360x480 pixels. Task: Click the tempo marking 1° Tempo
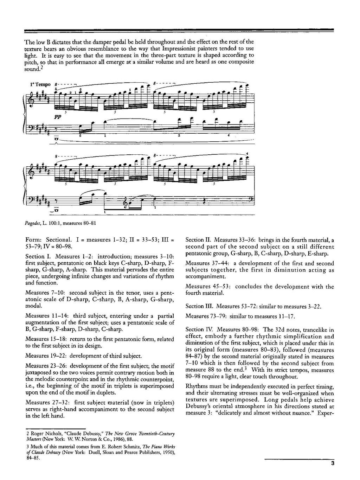click(40, 85)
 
